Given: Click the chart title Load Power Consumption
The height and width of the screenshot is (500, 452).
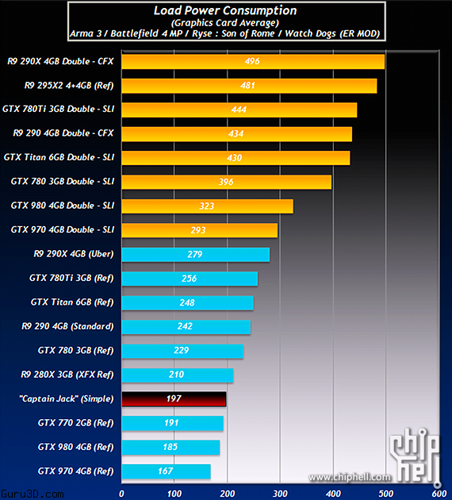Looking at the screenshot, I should coord(225,11).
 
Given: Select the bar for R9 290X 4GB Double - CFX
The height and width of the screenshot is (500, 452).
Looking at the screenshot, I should coord(252,61).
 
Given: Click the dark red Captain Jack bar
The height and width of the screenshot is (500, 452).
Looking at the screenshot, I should coord(173,398).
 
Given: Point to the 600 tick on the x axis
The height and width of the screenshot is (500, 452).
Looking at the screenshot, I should coord(439,493).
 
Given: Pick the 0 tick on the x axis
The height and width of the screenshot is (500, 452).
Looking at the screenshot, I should coord(121,493).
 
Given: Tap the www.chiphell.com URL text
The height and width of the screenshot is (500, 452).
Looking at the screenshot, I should coord(350,477).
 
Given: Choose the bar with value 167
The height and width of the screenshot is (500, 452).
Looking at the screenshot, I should coord(165,471).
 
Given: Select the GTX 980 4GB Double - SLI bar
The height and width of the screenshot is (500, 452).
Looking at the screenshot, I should coord(206,206).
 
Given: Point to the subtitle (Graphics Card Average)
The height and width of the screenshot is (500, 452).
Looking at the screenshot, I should coord(225,23).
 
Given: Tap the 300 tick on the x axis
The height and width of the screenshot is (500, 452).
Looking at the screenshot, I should coord(279,493).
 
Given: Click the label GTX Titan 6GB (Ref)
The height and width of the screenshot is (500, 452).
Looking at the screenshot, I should coord(72,302).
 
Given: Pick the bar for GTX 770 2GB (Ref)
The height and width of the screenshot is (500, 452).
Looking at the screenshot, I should coord(171,423).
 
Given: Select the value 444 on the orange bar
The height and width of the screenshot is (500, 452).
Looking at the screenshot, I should coord(237,110).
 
